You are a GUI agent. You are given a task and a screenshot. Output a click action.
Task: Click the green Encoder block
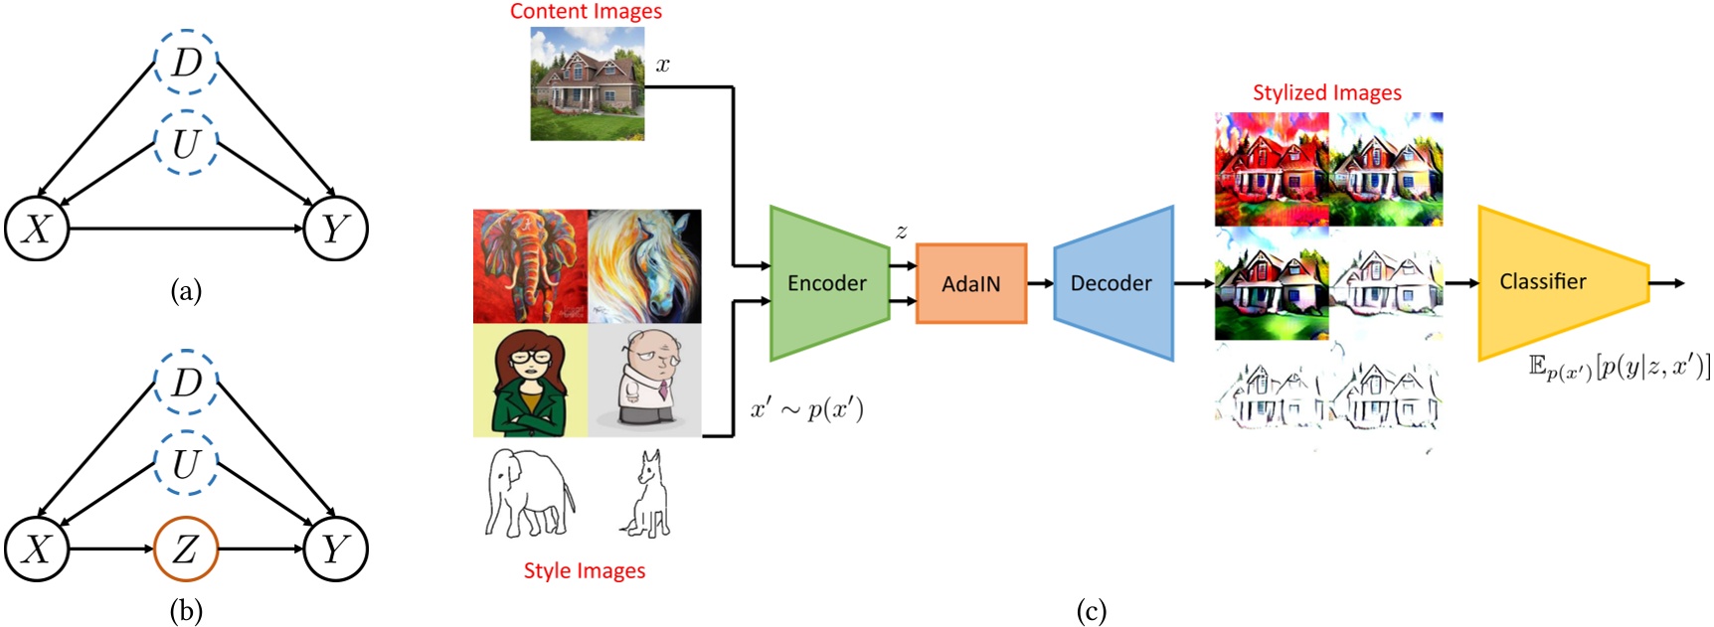[826, 283]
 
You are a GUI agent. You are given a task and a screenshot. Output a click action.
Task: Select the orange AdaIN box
[970, 284]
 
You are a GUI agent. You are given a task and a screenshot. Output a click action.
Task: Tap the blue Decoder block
[1112, 283]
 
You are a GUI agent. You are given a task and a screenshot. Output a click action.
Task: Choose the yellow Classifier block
[1551, 282]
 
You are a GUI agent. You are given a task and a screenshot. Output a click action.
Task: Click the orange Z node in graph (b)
[186, 549]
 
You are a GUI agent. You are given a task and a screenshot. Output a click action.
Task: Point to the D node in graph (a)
[186, 62]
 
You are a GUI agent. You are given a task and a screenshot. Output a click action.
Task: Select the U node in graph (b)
[186, 463]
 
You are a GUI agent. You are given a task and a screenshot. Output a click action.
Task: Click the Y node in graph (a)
[335, 230]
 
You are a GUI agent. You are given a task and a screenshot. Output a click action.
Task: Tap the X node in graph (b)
[37, 549]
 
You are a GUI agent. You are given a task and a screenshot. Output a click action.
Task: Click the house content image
[587, 83]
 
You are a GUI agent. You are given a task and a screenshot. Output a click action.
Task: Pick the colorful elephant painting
[530, 266]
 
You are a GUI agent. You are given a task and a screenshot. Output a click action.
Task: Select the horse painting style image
[644, 266]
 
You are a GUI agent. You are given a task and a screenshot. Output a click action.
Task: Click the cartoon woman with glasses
[530, 381]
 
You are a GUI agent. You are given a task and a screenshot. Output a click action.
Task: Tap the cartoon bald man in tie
[644, 381]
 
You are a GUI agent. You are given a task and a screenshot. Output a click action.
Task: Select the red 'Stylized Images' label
[1326, 92]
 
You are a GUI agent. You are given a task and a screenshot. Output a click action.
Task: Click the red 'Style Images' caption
[585, 570]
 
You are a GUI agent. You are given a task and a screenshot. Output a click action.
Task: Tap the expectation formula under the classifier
[1618, 367]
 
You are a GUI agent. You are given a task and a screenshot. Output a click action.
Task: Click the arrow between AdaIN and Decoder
[1040, 283]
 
